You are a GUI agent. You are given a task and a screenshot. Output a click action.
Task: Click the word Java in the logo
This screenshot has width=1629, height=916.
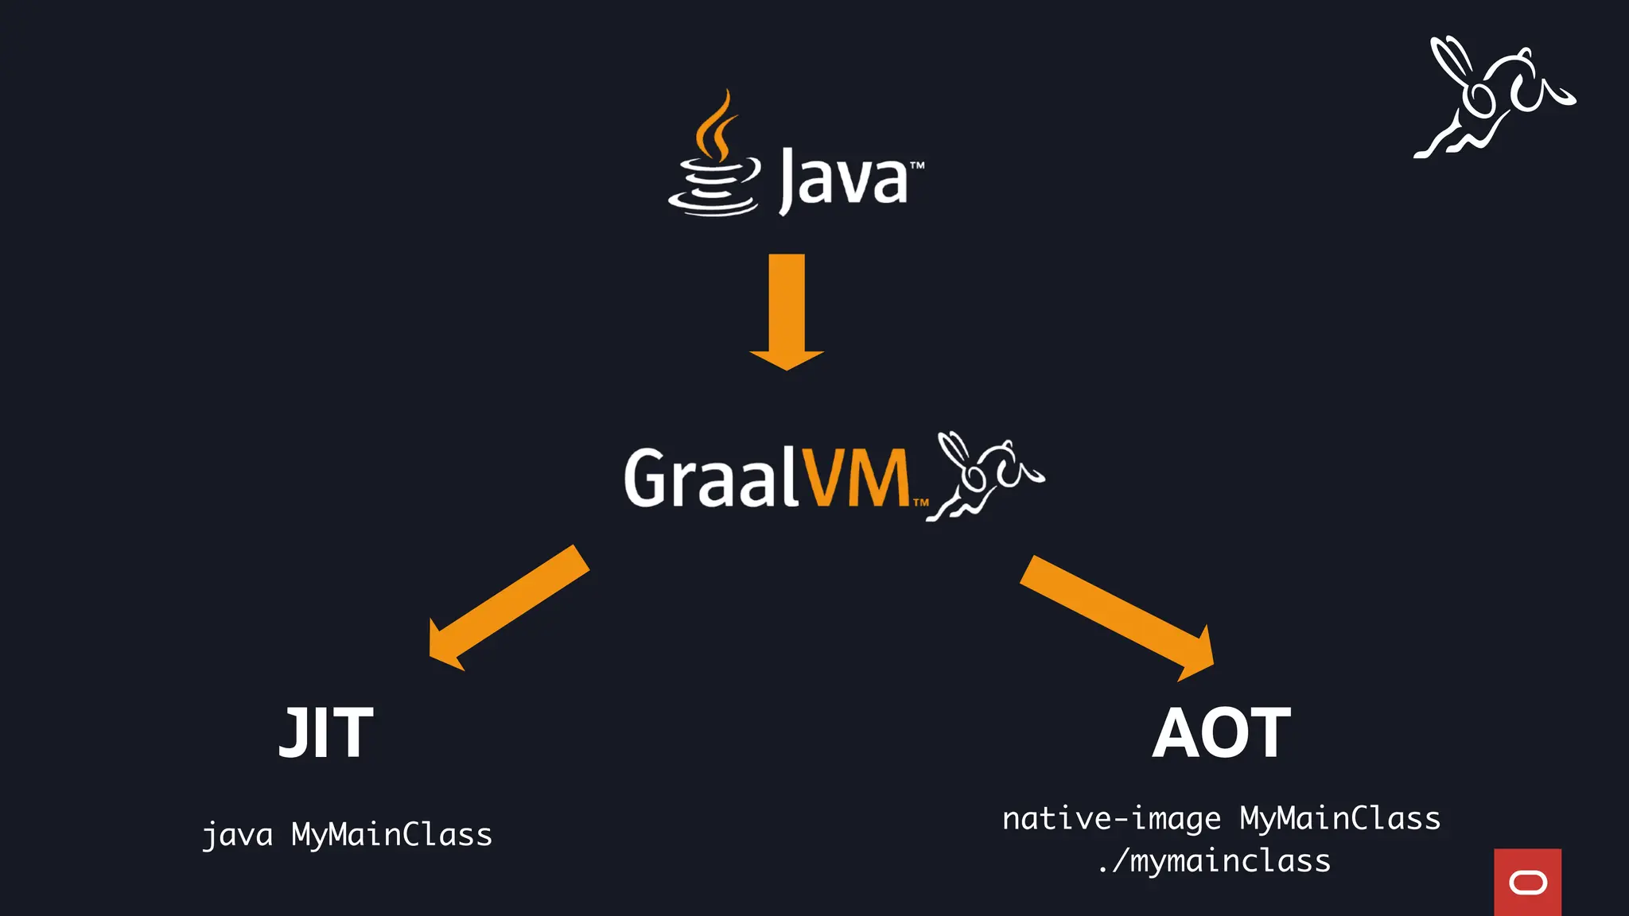pos(843,179)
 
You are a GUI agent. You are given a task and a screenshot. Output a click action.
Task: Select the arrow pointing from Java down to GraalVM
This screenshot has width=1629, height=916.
pos(787,310)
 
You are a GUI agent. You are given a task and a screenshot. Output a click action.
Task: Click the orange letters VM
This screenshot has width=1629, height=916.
pos(854,477)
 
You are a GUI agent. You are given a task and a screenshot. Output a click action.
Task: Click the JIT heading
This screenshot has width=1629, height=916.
pos(326,733)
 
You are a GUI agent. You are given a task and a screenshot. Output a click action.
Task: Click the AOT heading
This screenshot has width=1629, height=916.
pos(1221,733)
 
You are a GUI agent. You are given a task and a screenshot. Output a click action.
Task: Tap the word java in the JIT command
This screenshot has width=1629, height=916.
pos(238,835)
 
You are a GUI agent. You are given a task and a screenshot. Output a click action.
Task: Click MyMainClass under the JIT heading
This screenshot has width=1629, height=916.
pos(391,835)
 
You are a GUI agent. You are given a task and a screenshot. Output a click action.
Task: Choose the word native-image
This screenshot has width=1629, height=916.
pos(1111,819)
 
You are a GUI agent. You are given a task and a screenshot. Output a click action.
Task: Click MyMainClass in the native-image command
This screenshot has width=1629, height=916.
pos(1340,819)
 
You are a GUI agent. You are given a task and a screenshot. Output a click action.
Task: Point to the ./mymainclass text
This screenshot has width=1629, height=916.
pos(1215,861)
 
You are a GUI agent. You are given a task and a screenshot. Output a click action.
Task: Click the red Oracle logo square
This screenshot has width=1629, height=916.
pos(1527,882)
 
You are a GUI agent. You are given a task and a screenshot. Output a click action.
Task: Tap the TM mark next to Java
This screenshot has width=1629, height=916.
pos(917,166)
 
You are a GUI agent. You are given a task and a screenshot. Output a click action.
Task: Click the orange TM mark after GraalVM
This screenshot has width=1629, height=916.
pos(920,503)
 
